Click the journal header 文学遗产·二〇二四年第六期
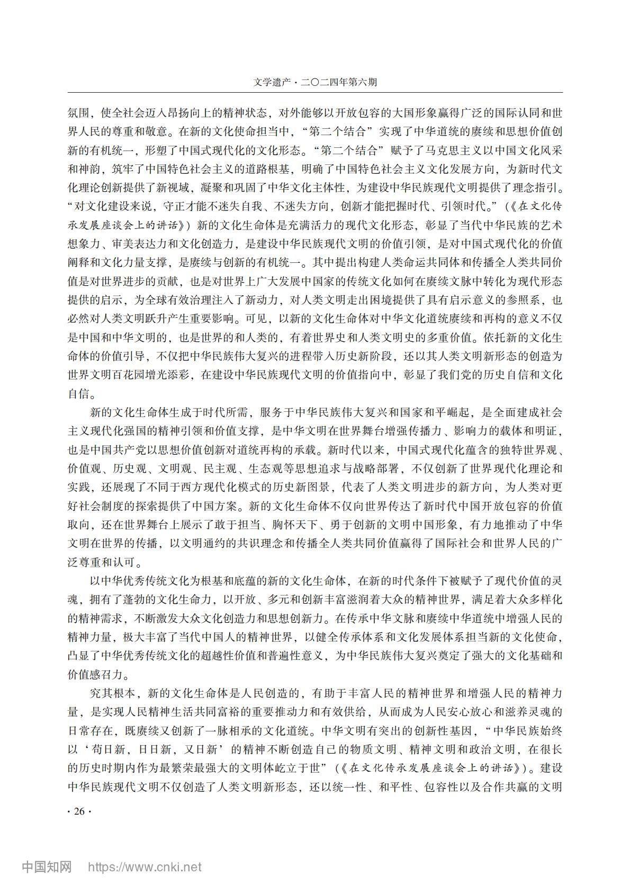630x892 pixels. click(x=315, y=83)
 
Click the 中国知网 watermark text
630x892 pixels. click(x=47, y=867)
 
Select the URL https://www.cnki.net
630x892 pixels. click(x=145, y=867)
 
